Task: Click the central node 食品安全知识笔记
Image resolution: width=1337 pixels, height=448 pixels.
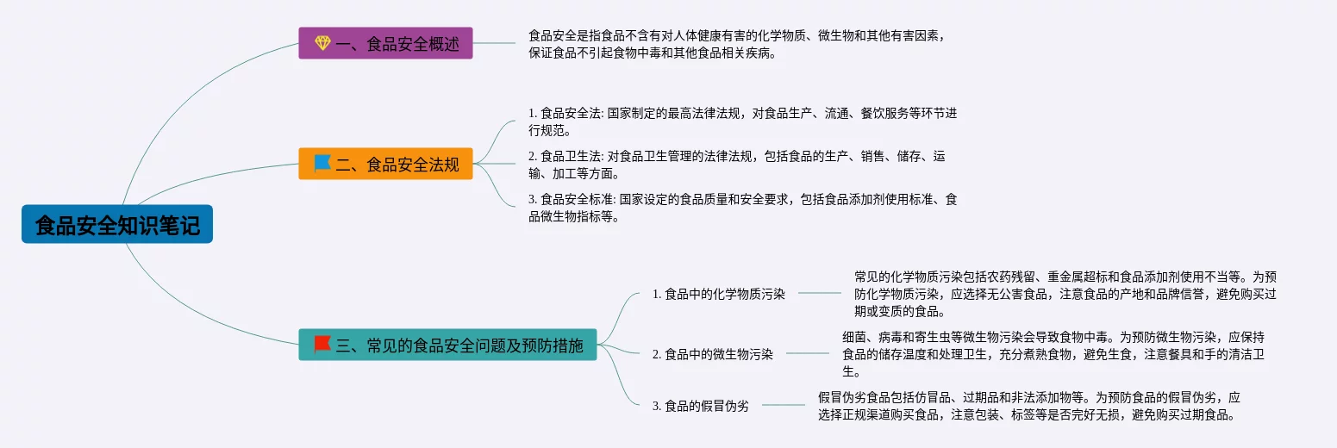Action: click(x=117, y=225)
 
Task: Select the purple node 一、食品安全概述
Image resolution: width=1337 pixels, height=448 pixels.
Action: click(x=385, y=43)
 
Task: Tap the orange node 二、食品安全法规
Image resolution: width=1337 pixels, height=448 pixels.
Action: click(x=385, y=164)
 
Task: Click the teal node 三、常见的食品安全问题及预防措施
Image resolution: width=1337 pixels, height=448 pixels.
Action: click(x=447, y=345)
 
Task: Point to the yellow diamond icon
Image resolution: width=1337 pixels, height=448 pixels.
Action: click(x=322, y=43)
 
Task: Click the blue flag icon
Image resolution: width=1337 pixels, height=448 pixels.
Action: click(x=322, y=163)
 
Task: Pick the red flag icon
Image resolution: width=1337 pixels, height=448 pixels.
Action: click(x=322, y=345)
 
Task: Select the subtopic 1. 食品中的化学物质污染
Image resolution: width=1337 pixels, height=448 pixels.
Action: click(x=719, y=294)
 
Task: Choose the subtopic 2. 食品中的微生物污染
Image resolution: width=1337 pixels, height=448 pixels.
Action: click(x=713, y=354)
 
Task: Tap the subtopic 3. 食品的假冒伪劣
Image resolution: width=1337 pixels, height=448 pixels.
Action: click(x=701, y=406)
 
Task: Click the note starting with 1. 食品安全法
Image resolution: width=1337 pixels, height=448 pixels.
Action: click(x=742, y=122)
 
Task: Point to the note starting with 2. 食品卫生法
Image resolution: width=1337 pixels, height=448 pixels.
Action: click(x=737, y=165)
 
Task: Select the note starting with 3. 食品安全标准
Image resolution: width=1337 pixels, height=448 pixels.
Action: click(x=742, y=208)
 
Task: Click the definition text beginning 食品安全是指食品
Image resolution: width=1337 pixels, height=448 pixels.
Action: click(x=742, y=44)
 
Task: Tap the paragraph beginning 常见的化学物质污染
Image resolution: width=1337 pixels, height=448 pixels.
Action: click(x=1065, y=294)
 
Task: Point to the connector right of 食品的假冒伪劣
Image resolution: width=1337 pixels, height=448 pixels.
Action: click(x=784, y=405)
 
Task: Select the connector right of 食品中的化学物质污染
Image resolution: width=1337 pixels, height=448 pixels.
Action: click(x=819, y=293)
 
